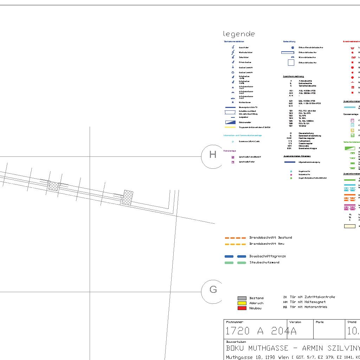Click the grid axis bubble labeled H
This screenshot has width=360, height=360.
(213, 155)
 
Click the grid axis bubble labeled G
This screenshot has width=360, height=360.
(213, 290)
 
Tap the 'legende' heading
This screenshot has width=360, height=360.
(239, 34)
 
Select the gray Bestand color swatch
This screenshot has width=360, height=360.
(242, 298)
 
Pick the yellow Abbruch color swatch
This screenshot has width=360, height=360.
(242, 303)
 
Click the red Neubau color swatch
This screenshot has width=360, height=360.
(242, 308)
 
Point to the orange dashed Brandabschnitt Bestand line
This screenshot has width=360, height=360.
(235, 238)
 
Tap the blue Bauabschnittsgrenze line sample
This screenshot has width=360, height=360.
(235, 257)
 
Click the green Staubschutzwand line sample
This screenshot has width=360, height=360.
(235, 263)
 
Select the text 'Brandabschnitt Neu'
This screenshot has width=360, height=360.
(267, 244)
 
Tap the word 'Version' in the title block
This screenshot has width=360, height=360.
(295, 322)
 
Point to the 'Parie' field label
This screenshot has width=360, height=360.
(320, 322)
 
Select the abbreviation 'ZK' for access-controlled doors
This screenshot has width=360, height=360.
(285, 297)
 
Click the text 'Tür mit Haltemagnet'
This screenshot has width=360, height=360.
(308, 302)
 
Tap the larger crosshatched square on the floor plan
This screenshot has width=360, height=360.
(127, 198)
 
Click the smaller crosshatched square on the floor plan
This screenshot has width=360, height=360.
(53, 186)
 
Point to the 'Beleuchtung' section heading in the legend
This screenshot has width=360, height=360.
(289, 42)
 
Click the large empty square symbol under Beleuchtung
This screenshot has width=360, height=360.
(291, 63)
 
